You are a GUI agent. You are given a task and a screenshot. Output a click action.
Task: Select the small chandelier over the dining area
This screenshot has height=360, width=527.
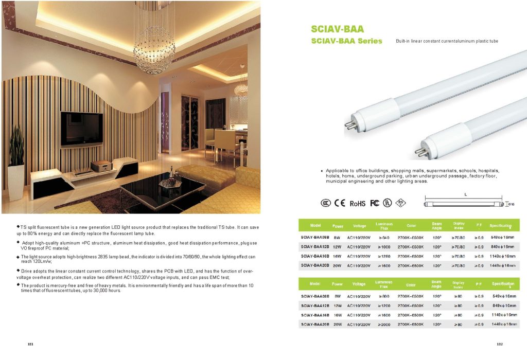241,88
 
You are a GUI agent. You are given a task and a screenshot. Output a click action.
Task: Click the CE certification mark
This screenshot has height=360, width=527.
340,203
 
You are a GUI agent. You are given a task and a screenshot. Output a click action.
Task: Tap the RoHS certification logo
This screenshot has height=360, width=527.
358,204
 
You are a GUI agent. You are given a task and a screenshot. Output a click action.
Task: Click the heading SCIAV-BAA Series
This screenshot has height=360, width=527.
346,41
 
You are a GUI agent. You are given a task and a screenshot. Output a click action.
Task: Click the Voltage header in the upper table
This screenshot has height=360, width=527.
359,226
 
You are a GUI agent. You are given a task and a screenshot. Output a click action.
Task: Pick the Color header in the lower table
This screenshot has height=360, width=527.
411,284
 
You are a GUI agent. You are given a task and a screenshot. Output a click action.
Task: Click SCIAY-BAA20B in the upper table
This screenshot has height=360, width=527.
315,265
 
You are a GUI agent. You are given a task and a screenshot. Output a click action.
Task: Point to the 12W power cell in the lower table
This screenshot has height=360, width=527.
338,305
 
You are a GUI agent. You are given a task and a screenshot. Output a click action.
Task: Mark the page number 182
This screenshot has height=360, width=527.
499,344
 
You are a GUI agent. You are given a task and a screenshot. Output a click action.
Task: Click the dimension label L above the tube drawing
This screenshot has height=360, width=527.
465,194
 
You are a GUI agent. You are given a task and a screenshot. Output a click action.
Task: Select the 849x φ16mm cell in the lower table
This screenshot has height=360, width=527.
503,305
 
